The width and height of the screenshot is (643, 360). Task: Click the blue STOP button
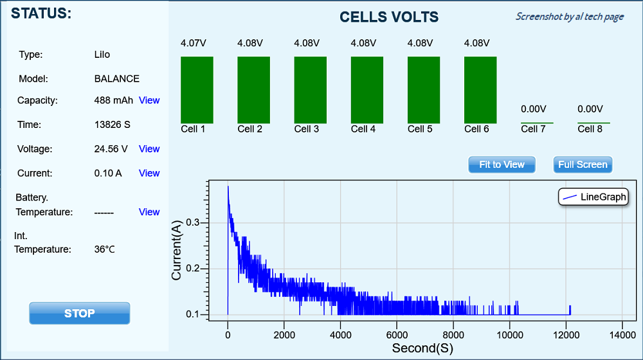tap(80, 313)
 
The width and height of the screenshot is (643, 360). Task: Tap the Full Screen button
tap(583, 165)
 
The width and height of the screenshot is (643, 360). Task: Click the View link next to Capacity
tap(149, 100)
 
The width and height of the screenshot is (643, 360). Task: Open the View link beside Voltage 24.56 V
tap(149, 149)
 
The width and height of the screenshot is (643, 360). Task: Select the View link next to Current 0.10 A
tap(149, 173)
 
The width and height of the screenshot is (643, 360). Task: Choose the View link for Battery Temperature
tap(149, 212)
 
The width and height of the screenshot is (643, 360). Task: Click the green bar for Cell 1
tap(197, 90)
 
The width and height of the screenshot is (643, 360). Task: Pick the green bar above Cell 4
tap(367, 90)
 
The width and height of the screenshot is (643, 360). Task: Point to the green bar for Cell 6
tap(480, 90)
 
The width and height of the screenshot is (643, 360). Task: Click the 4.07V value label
tap(194, 44)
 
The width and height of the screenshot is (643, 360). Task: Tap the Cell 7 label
tap(533, 129)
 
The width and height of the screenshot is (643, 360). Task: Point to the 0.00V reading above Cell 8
tap(590, 109)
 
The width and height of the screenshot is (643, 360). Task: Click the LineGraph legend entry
tap(593, 197)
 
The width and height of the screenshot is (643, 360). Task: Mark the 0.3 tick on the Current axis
tap(192, 222)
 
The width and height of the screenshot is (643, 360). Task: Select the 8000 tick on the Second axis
tap(453, 335)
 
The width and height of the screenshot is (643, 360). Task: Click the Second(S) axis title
tap(422, 348)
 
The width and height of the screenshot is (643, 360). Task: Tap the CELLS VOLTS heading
tap(389, 17)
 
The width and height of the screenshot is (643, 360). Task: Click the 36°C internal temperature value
tap(105, 249)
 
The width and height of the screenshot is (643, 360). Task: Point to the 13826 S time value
tap(113, 125)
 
